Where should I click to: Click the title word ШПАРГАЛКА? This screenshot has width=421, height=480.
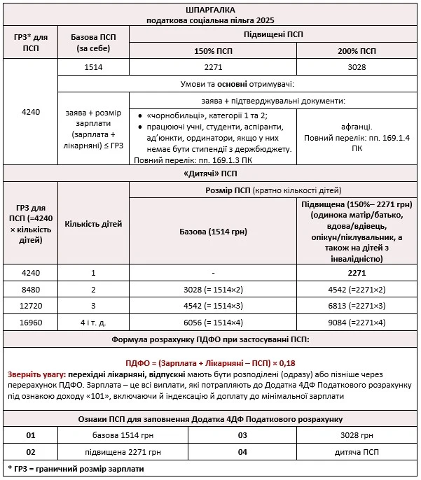[x=211, y=10]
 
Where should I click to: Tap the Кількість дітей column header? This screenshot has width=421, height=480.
[x=93, y=224]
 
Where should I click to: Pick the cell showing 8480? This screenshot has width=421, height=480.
[x=30, y=289]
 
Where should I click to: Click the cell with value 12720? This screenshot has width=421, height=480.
[x=30, y=306]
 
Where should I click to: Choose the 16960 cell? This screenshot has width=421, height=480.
[x=30, y=323]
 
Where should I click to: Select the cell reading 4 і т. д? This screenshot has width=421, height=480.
[x=93, y=323]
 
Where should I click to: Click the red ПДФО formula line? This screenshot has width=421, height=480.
[x=210, y=363]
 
